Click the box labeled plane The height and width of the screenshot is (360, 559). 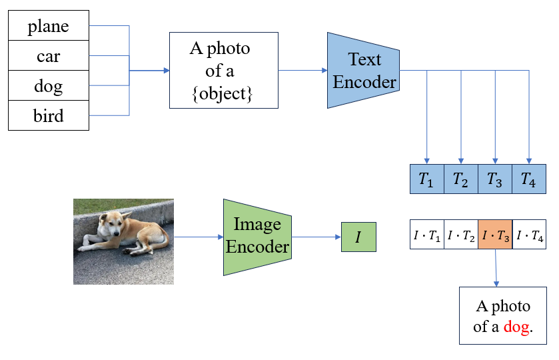[48, 27]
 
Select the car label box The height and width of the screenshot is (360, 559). [48, 56]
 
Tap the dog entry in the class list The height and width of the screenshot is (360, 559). [48, 85]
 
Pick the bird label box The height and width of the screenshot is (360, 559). [48, 115]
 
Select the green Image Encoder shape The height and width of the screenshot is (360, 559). [257, 237]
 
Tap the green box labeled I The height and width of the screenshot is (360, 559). [358, 237]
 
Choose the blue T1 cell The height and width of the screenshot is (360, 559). [426, 179]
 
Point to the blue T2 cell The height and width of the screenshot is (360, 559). [461, 179]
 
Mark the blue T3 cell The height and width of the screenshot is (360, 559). [495, 179]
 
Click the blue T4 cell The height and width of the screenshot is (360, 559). [529, 179]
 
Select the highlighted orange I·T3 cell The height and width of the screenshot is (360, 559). [495, 235]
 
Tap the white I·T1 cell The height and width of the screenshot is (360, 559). [426, 235]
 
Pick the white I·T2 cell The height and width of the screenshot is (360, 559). [461, 235]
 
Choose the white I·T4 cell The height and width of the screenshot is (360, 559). [529, 235]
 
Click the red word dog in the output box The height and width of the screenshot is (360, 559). [518, 327]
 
